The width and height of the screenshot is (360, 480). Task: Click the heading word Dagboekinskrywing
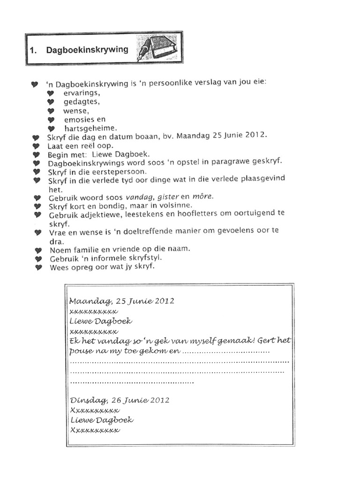click(87, 50)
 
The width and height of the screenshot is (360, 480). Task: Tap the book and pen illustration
click(157, 47)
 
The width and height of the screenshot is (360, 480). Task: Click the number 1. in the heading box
click(33, 51)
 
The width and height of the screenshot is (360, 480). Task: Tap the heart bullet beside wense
click(51, 111)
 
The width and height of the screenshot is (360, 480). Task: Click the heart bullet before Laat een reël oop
click(37, 146)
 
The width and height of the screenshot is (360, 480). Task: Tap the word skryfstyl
click(146, 258)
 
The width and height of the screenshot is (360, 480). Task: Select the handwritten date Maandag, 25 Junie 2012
click(121, 301)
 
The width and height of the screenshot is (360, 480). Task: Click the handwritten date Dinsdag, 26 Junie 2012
click(120, 400)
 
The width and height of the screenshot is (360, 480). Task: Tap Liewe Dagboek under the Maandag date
click(100, 321)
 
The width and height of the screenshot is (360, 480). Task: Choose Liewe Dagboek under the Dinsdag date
click(101, 420)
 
